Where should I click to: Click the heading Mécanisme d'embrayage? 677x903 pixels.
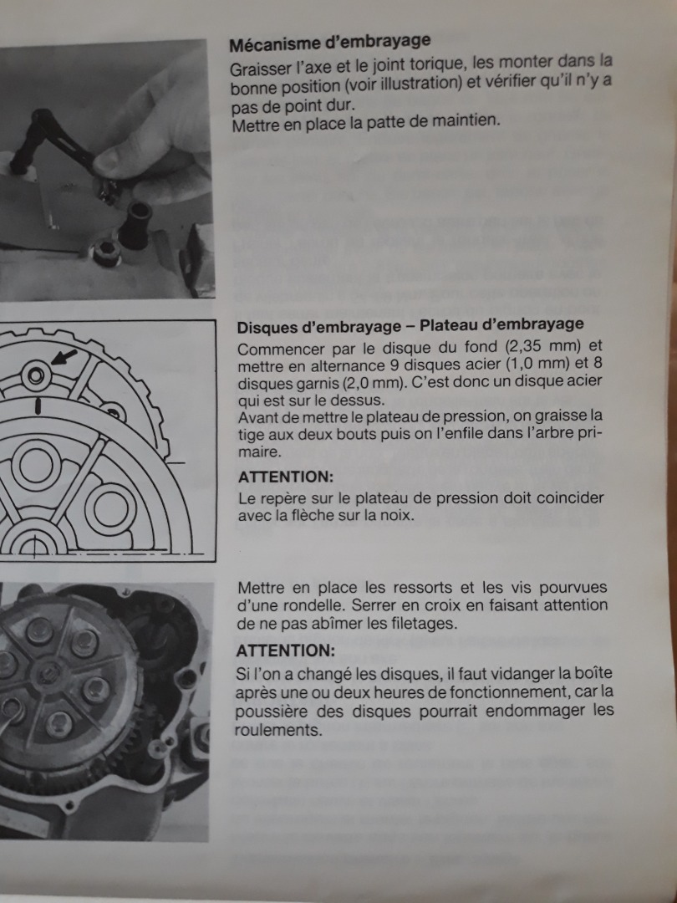tap(330, 43)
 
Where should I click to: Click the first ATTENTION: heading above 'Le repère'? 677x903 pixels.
tap(286, 477)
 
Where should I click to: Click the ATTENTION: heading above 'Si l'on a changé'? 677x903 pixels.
tap(285, 650)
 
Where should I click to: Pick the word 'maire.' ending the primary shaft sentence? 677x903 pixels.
tap(260, 452)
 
